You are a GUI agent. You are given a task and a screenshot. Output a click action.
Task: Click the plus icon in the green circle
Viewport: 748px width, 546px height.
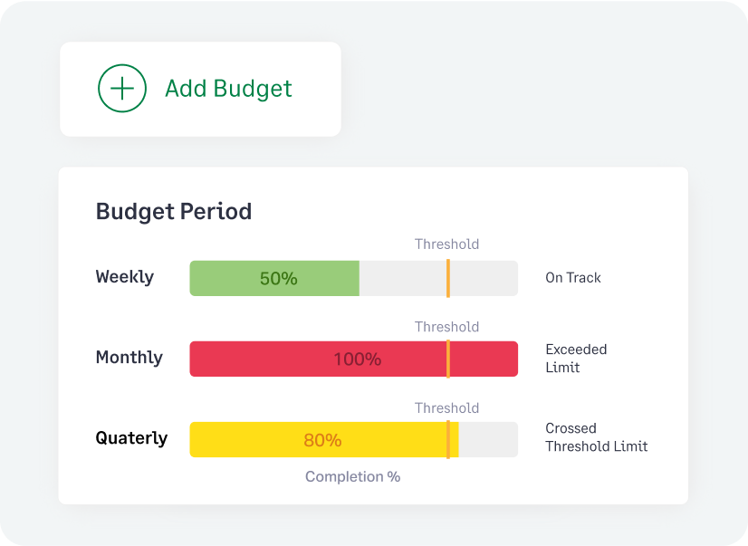122,89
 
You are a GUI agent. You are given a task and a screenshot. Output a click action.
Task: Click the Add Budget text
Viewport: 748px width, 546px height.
228,89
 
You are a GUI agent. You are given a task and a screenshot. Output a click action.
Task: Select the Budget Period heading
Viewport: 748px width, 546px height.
174,212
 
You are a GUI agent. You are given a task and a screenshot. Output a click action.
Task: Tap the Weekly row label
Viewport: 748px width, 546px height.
125,277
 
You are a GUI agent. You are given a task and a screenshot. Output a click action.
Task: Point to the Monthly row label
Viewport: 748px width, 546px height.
129,358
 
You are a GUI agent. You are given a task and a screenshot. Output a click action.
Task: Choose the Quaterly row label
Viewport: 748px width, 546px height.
132,438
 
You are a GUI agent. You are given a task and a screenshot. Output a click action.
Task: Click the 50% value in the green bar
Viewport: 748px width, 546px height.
278,279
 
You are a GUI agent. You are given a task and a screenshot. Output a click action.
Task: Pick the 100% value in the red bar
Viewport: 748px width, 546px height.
357,359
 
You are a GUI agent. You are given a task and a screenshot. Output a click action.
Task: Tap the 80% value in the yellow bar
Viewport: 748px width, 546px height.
322,441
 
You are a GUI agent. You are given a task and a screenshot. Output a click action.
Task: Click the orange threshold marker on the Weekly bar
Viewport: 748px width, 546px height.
447,278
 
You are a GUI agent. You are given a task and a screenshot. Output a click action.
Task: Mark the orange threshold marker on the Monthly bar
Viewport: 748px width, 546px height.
447,359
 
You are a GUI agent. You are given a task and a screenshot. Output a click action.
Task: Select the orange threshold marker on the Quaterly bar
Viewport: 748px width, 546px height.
447,440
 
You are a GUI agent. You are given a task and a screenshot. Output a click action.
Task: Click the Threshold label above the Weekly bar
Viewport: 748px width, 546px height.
446,244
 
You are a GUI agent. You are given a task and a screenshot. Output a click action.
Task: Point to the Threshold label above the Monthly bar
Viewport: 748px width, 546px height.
446,327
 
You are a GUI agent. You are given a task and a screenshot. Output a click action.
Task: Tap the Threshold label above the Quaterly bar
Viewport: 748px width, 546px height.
446,408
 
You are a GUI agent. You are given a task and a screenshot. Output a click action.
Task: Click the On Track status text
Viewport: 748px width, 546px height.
573,278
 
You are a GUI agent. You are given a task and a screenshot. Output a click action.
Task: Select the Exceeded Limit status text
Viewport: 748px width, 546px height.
576,359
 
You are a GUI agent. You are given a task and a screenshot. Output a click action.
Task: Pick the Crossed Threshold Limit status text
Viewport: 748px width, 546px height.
596,437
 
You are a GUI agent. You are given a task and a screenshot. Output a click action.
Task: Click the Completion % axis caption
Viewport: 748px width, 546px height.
352,477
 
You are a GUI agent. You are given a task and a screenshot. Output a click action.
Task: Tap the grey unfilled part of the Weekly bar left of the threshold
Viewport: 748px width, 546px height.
402,279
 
